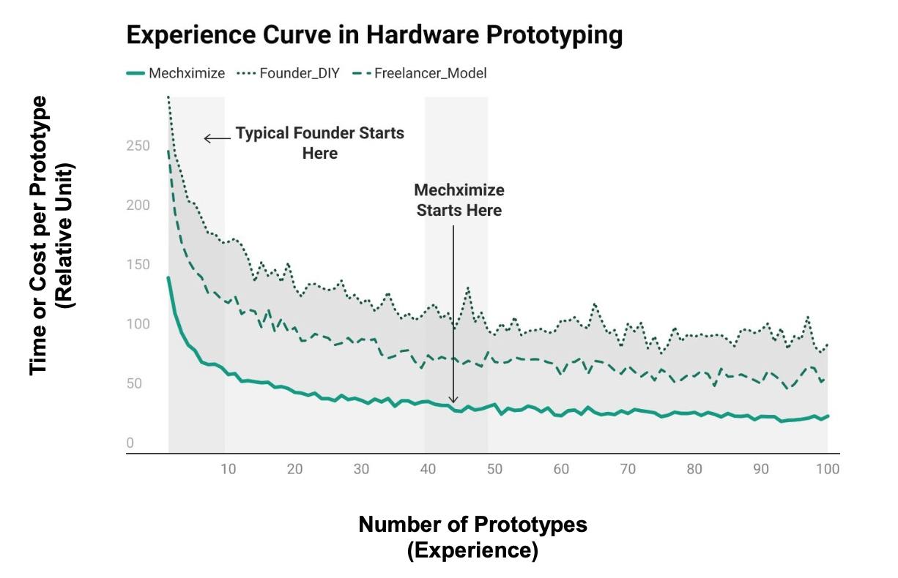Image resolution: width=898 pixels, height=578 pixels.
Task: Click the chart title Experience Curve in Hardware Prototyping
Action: (374, 35)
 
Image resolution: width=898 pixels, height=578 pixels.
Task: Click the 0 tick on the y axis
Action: (130, 443)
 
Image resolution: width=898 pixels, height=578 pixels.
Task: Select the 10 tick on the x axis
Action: (228, 469)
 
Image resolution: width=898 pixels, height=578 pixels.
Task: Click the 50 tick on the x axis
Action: (494, 469)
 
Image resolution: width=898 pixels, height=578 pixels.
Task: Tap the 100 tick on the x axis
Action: (828, 469)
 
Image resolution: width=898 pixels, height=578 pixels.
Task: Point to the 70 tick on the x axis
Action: (628, 469)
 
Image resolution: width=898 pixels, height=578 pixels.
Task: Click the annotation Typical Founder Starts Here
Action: (319, 143)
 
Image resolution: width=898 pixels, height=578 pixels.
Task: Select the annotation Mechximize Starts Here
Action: (459, 200)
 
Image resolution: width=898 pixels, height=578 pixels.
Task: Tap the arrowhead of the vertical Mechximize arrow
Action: (453, 400)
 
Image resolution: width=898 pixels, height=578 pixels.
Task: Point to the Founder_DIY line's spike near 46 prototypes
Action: (467, 288)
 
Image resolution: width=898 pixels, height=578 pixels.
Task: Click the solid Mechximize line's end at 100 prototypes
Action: (828, 416)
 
